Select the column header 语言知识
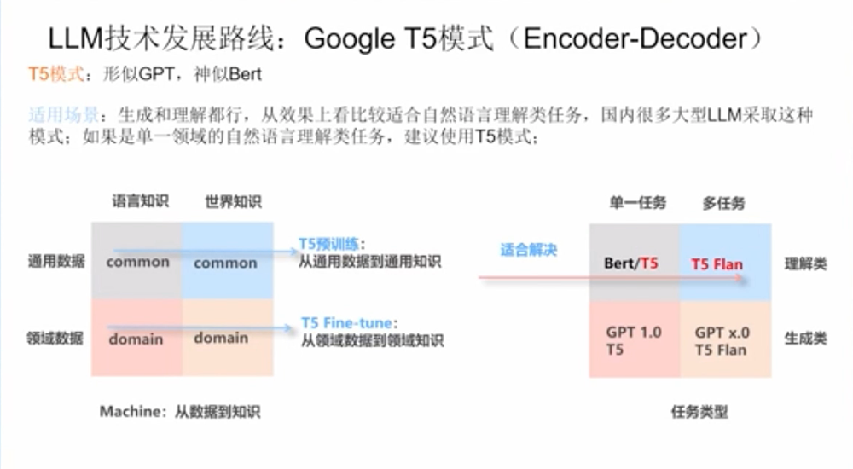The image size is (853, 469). (140, 202)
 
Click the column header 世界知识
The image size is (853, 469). (232, 202)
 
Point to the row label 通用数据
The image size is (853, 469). (57, 262)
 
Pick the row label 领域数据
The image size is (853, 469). (57, 338)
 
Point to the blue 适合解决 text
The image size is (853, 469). (528, 251)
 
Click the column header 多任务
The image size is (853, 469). (723, 203)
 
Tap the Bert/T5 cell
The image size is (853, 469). (631, 263)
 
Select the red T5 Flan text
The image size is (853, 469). (717, 263)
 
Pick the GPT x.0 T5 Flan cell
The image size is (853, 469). (721, 340)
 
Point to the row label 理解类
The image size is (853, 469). (805, 263)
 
